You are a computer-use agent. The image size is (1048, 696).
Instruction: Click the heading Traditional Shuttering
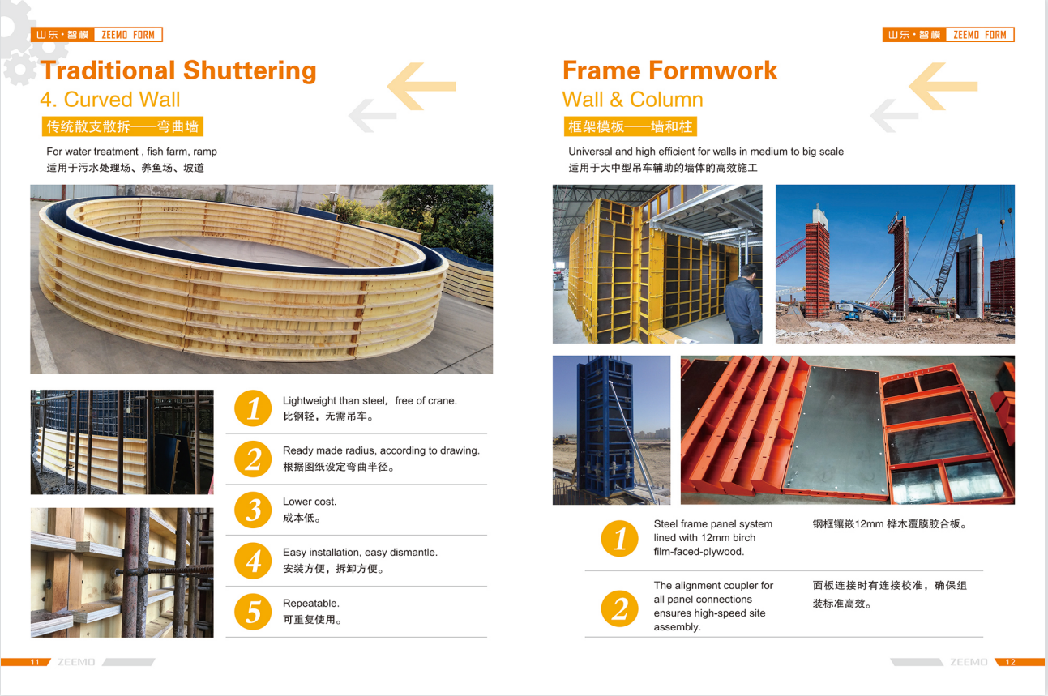178,70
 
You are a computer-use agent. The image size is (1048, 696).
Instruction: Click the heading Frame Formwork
669,70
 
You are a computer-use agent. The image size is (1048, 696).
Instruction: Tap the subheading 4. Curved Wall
110,100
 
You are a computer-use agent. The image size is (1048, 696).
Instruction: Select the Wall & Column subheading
632,100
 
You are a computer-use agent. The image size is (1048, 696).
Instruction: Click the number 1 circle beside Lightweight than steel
253,408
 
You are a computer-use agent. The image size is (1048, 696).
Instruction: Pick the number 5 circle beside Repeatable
253,612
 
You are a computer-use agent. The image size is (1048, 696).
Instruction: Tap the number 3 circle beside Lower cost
253,510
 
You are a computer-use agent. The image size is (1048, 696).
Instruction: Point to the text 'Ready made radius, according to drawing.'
381,450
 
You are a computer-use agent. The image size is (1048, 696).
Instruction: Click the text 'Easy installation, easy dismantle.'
360,553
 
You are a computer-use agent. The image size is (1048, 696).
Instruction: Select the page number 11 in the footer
35,662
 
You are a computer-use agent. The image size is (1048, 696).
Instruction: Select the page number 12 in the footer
1010,662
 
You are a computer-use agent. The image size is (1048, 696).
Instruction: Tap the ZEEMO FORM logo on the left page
96,35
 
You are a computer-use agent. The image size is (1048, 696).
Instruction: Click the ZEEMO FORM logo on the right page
947,35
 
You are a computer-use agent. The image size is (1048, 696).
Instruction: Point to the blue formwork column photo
611,429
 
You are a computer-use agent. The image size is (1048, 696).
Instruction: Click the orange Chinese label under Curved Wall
122,126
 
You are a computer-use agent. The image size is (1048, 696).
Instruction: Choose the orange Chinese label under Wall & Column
630,126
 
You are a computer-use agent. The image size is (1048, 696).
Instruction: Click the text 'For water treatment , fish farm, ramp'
131,152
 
